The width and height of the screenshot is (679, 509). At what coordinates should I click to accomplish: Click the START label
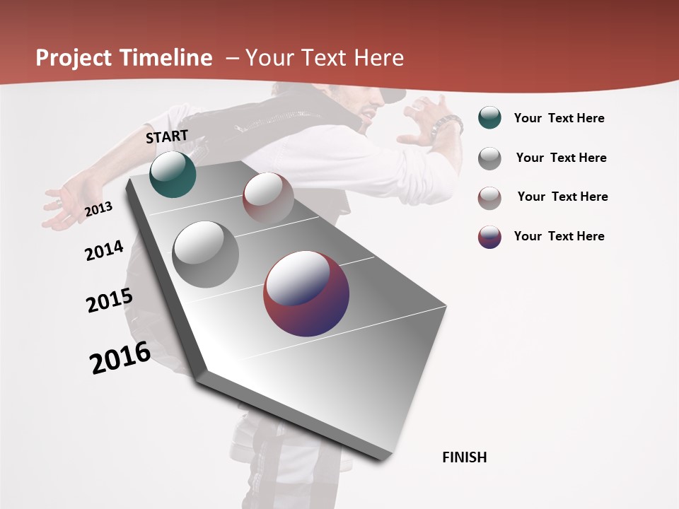167,136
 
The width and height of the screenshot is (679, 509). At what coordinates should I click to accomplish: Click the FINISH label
464,457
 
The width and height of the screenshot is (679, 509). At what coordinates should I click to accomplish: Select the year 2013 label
98,209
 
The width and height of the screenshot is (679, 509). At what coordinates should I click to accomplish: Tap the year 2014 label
104,251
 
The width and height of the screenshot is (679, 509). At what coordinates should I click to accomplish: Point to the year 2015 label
110,300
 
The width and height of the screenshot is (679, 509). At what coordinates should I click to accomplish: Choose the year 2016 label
120,358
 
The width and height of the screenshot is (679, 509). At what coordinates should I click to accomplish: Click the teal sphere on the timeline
173,174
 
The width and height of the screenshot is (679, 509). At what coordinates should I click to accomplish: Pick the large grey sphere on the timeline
206,255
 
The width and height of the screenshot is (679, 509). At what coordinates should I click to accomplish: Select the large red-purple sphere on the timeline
306,294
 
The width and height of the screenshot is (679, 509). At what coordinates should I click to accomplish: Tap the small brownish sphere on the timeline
268,197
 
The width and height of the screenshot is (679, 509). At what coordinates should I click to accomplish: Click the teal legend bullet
489,118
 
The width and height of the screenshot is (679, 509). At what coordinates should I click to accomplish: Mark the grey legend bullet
489,158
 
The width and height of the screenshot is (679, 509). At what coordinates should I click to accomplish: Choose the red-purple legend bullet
489,237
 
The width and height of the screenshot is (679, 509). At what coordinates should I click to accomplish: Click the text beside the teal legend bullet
559,118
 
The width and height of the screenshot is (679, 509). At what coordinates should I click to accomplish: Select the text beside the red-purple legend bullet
559,236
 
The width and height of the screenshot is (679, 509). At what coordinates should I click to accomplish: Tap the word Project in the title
74,58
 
